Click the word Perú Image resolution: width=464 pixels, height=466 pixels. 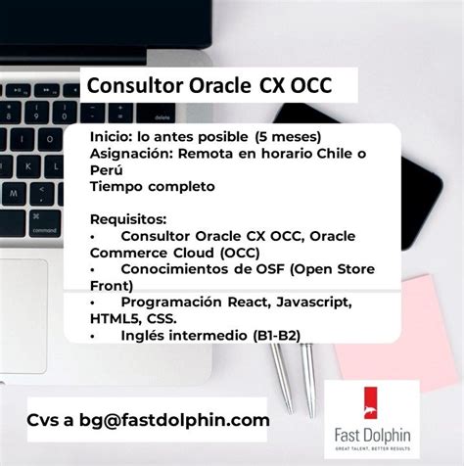106,169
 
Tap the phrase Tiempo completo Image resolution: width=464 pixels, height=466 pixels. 152,186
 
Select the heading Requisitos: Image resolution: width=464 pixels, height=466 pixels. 128,218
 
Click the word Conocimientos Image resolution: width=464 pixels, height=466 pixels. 175,269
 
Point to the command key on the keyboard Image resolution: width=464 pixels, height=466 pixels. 46,231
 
